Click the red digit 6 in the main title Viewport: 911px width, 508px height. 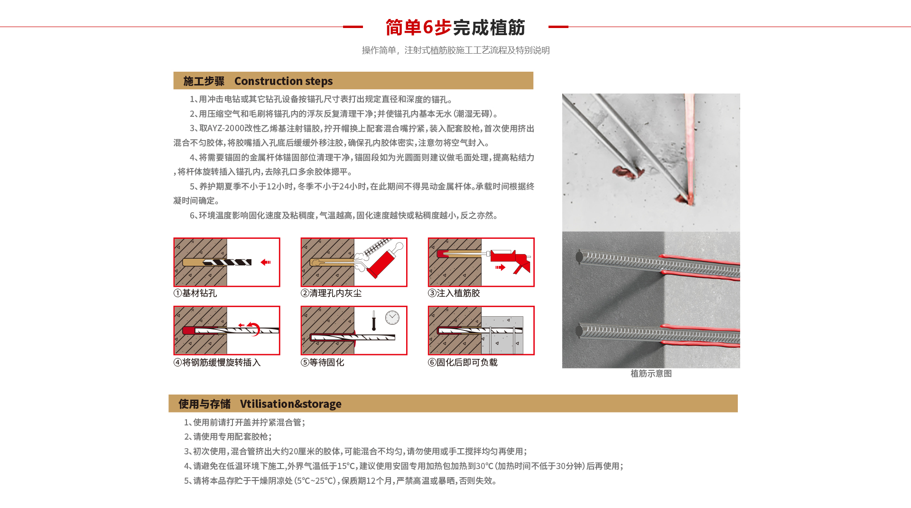pyautogui.click(x=428, y=27)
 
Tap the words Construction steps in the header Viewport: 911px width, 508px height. pyautogui.click(x=283, y=81)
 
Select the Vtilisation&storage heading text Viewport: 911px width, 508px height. pyautogui.click(x=290, y=404)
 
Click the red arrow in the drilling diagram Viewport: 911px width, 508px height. pyautogui.click(x=266, y=262)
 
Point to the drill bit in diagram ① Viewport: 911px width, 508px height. pyautogui.click(x=227, y=262)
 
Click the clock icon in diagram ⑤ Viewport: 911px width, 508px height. pyautogui.click(x=392, y=318)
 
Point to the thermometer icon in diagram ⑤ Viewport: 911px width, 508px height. pyautogui.click(x=374, y=321)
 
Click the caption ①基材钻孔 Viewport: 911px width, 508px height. pyautogui.click(x=195, y=293)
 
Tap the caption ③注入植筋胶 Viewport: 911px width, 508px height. pyautogui.click(x=454, y=293)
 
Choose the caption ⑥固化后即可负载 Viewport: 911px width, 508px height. pyautogui.click(x=463, y=362)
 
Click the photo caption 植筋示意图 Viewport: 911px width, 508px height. pyautogui.click(x=651, y=373)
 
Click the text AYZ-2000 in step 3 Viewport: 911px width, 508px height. pyautogui.click(x=226, y=128)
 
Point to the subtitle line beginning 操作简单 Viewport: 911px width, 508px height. pyautogui.click(x=455, y=50)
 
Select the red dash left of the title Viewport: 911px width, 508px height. pyautogui.click(x=353, y=27)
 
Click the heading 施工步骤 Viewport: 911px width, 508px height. pyautogui.click(x=204, y=81)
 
